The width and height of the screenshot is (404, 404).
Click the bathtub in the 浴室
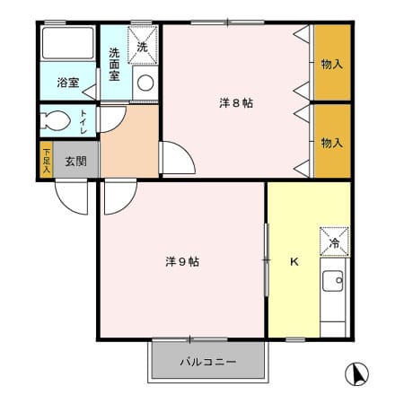pyautogui.click(x=68, y=43)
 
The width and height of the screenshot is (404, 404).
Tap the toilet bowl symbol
pyautogui.click(x=55, y=121)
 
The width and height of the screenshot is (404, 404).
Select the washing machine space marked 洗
pyautogui.click(x=143, y=45)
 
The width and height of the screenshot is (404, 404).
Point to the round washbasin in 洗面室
pyautogui.click(x=145, y=83)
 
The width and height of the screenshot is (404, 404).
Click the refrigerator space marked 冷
pyautogui.click(x=334, y=242)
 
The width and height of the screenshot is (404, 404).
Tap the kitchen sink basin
pyautogui.click(x=333, y=281)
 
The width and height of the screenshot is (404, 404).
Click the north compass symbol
pyautogui.click(x=356, y=373)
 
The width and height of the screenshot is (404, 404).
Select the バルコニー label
pyautogui.click(x=208, y=362)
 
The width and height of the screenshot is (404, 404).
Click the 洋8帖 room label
pyautogui.click(x=236, y=103)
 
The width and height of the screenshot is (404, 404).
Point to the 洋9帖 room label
pyautogui.click(x=182, y=262)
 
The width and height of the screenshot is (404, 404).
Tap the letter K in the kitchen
pyautogui.click(x=294, y=262)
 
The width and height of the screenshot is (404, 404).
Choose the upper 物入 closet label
pyautogui.click(x=331, y=65)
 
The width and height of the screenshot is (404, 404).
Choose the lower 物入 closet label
pyautogui.click(x=331, y=143)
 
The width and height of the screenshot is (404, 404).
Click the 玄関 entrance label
pyautogui.click(x=76, y=162)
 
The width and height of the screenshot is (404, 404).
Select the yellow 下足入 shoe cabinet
pyautogui.click(x=47, y=160)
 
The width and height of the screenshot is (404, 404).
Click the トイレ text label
pyautogui.click(x=83, y=122)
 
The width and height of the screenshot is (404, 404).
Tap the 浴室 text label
pyautogui.click(x=68, y=83)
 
